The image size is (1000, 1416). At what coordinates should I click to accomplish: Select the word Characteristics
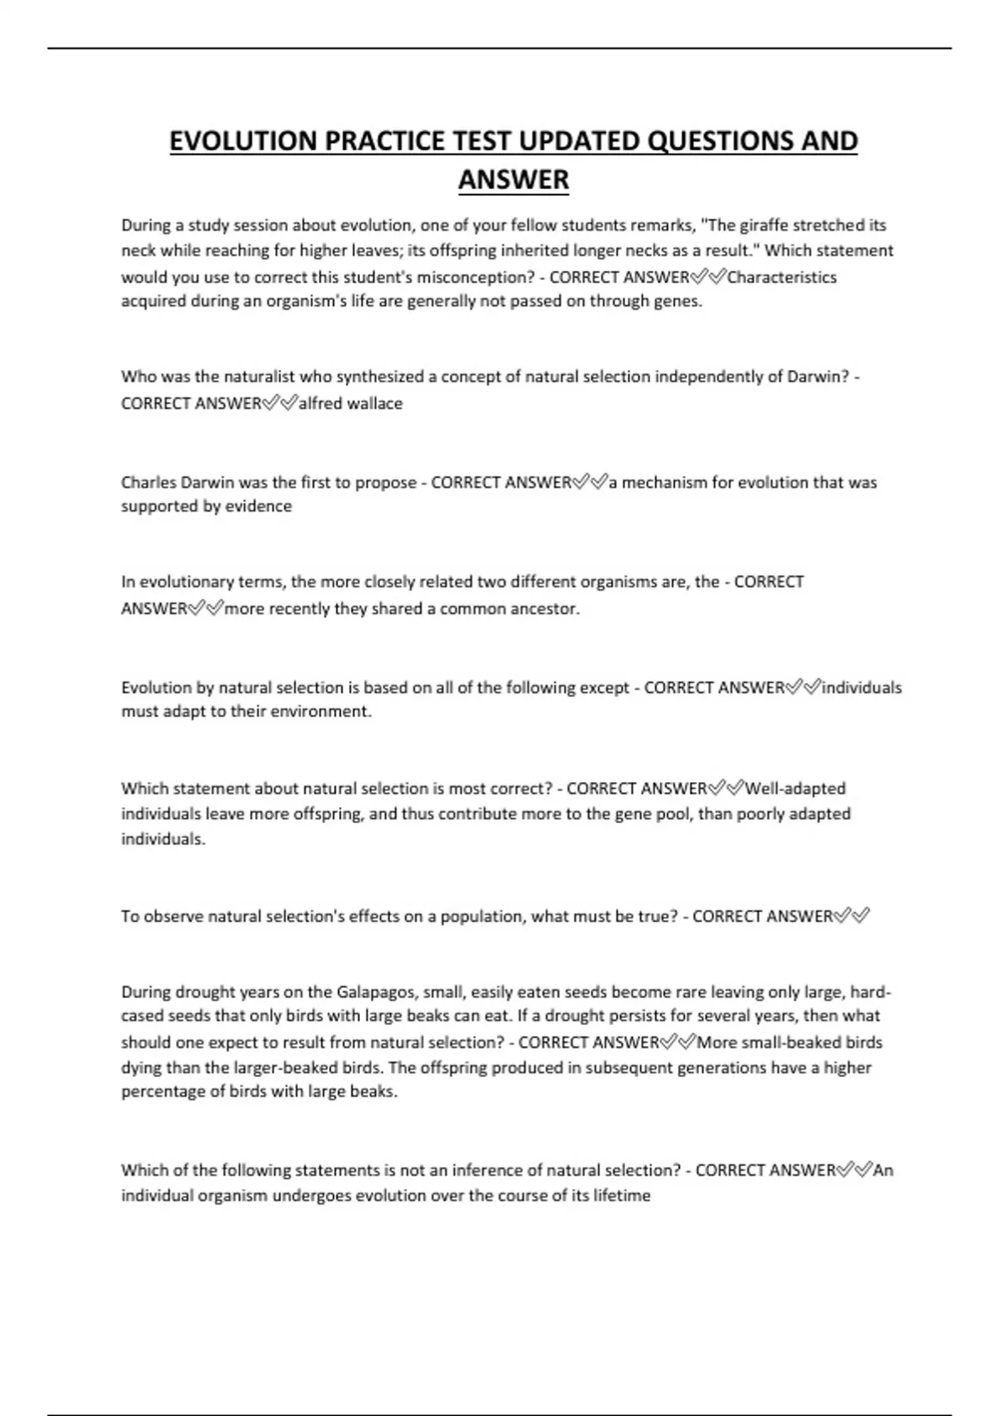click(x=782, y=277)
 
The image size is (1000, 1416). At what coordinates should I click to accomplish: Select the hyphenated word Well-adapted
click(x=796, y=788)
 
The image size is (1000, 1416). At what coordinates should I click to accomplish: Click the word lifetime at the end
click(x=622, y=1195)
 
